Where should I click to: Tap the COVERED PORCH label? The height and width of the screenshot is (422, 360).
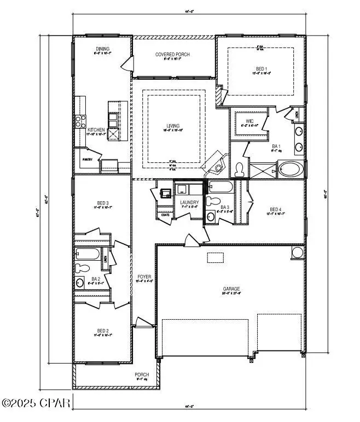click(x=173, y=55)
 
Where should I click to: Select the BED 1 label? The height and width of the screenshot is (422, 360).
click(x=262, y=69)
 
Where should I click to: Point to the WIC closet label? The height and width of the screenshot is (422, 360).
click(x=249, y=121)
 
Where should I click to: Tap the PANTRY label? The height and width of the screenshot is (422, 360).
click(x=88, y=160)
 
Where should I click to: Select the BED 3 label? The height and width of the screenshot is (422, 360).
click(x=103, y=203)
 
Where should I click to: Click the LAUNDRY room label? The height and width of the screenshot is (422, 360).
click(x=189, y=203)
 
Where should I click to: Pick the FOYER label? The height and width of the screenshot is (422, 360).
click(x=144, y=277)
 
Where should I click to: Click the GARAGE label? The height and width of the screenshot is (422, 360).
click(x=231, y=289)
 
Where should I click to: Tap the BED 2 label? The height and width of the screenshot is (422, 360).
click(x=103, y=331)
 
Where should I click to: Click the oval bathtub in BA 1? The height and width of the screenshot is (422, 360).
click(x=289, y=169)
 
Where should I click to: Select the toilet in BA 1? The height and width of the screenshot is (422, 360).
click(x=239, y=171)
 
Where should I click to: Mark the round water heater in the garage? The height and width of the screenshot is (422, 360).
click(x=298, y=253)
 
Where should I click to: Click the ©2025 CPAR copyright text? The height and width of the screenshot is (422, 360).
click(x=36, y=403)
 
